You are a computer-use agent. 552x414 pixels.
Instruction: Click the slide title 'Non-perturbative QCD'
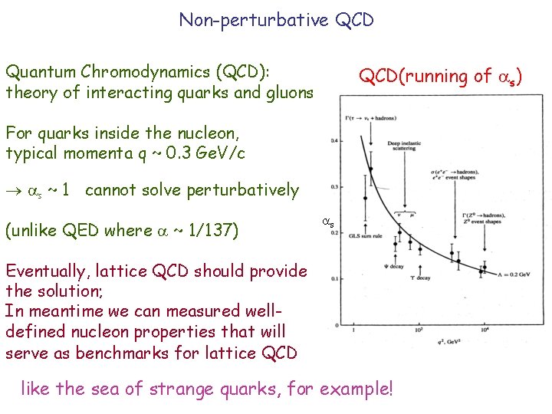[x=276, y=19]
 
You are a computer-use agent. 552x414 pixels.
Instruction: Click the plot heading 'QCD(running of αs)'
[x=441, y=76]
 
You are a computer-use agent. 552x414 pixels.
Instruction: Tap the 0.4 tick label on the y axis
[x=334, y=140]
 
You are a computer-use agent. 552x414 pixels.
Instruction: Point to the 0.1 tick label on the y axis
[x=334, y=279]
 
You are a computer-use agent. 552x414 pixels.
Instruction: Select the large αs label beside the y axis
[x=326, y=223]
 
